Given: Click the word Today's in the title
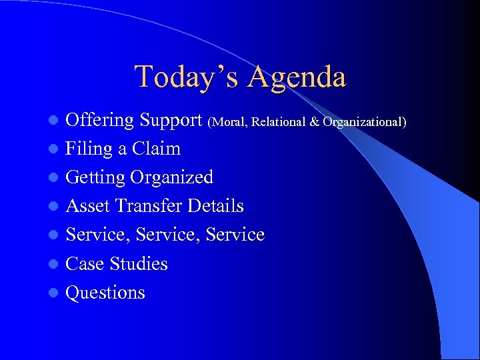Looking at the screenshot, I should pos(187,77).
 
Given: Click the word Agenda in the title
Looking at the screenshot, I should pos(297,78).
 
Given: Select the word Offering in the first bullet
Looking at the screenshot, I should pos(100,121).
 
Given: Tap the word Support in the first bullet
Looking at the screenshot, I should pos(171,121).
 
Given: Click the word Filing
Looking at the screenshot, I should pos(89,149).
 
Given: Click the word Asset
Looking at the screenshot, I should pos(88,206).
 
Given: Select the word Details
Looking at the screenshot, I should pos(215,206).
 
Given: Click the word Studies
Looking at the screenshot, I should pos(139,263).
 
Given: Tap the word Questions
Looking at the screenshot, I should pos(105,293).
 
